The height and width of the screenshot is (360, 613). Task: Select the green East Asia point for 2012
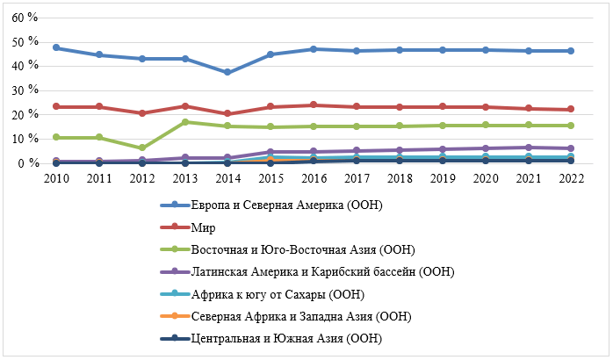click(141, 148)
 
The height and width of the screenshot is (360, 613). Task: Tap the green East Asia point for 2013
click(184, 122)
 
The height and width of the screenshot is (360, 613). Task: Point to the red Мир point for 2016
click(314, 105)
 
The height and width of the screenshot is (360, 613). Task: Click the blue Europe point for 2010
click(56, 47)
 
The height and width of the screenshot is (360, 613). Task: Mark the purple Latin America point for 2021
click(527, 148)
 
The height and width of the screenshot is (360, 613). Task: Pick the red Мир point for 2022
click(570, 109)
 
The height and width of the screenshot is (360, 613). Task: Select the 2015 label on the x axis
click(270, 176)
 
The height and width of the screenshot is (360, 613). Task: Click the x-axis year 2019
click(442, 176)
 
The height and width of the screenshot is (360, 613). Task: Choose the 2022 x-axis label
click(570, 176)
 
